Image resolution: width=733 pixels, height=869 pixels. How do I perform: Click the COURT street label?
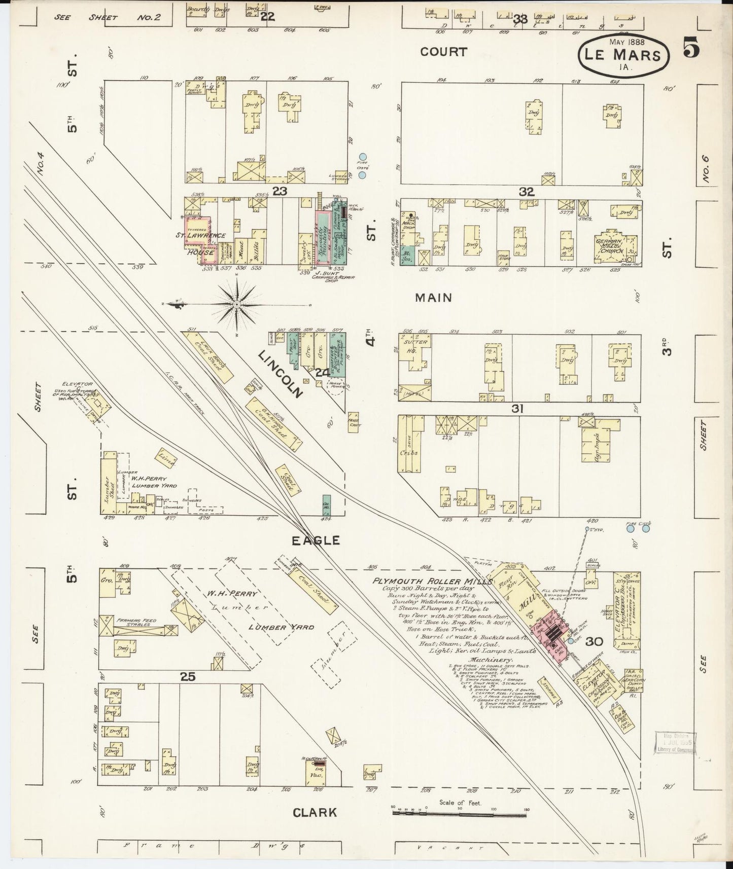pos(443,52)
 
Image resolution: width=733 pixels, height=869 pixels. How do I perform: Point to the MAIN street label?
pos(433,298)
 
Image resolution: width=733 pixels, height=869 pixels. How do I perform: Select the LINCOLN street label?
pos(280,374)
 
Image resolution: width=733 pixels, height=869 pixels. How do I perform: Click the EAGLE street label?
pos(315,540)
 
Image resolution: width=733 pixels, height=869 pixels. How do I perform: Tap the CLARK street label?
pos(315,812)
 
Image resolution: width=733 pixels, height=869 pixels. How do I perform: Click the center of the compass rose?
pos(237,304)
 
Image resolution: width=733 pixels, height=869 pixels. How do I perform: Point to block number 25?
pos(187,676)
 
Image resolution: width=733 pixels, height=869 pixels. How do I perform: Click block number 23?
pos(280,191)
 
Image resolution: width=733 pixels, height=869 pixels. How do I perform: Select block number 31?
pos(517,409)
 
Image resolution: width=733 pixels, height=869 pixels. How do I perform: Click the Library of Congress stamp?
pos(675,743)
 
